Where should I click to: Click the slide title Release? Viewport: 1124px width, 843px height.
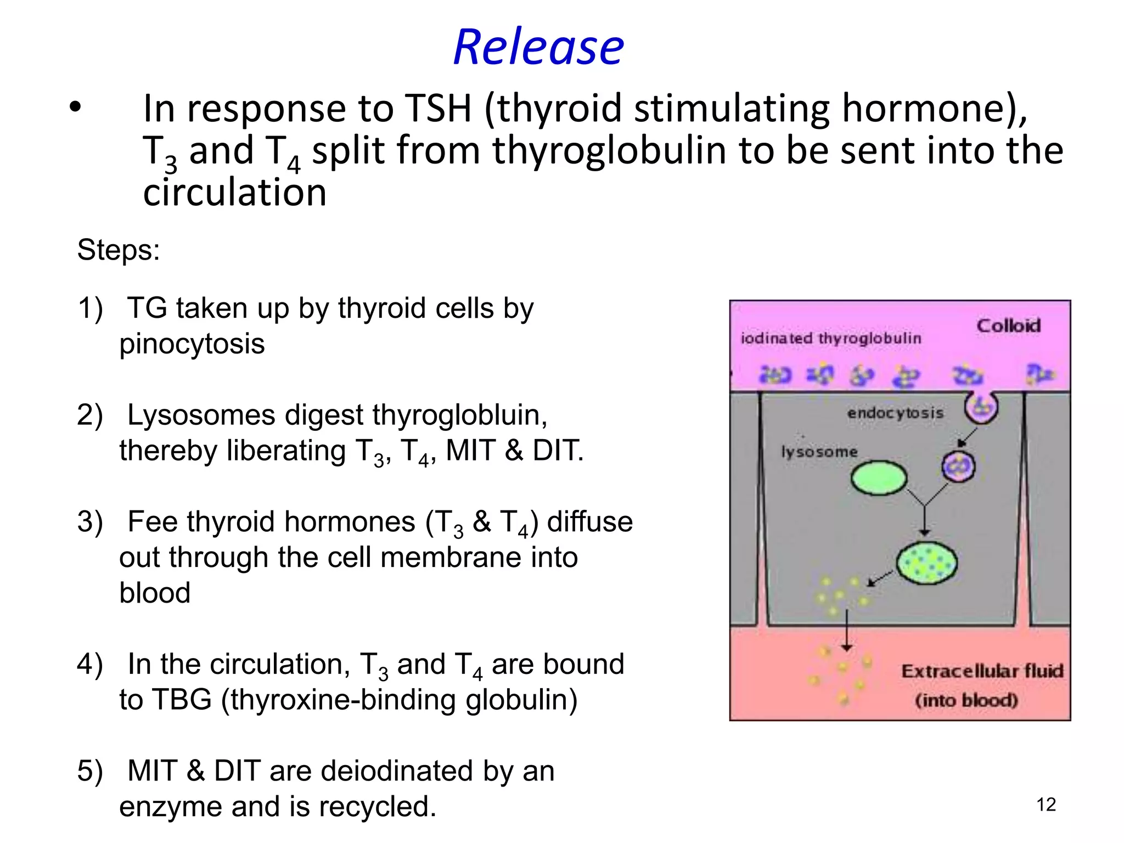click(x=538, y=47)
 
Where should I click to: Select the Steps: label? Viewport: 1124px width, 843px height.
click(x=118, y=250)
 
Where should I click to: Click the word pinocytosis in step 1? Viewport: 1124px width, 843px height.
click(x=192, y=344)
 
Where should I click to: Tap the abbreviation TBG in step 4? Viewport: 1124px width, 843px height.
click(x=182, y=700)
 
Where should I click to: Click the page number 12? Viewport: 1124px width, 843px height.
click(x=1046, y=805)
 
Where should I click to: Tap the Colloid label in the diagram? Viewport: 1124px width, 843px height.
click(x=1008, y=326)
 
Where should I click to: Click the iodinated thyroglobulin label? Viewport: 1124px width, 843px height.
click(x=830, y=339)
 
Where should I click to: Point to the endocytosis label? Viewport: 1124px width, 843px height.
click(x=895, y=413)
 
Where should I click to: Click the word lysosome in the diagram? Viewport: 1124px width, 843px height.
click(x=819, y=452)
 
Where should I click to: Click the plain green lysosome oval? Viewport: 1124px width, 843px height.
click(x=878, y=477)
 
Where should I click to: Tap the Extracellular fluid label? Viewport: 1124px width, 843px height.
click(x=982, y=671)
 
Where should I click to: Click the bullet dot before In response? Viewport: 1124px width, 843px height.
click(x=75, y=107)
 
